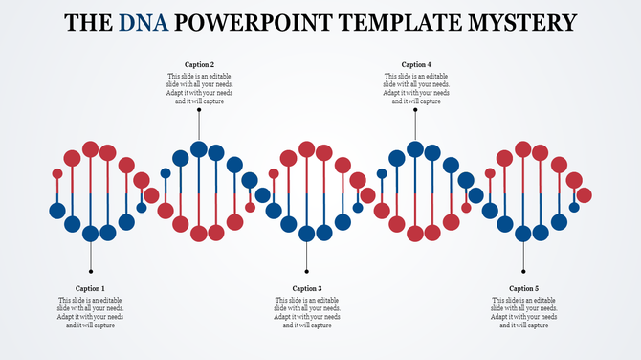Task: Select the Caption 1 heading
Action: [91, 288]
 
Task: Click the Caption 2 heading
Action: [199, 65]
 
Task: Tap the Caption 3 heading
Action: [307, 288]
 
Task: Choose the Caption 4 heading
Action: [416, 65]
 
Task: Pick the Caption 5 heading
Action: [523, 288]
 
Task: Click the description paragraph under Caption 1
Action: [91, 313]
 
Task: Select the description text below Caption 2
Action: [199, 89]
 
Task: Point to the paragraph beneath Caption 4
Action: [416, 89]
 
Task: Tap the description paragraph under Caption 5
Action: [523, 313]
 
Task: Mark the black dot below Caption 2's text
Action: [199, 110]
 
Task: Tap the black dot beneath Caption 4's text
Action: [416, 110]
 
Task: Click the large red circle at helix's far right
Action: [584, 195]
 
